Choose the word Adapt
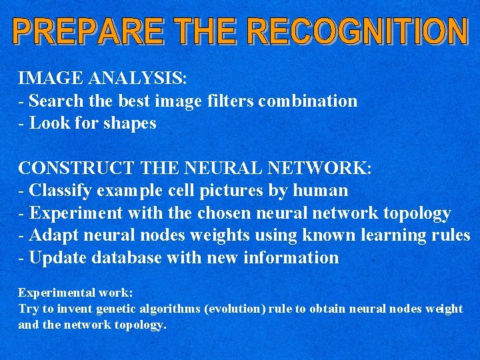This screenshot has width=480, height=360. [53, 235]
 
